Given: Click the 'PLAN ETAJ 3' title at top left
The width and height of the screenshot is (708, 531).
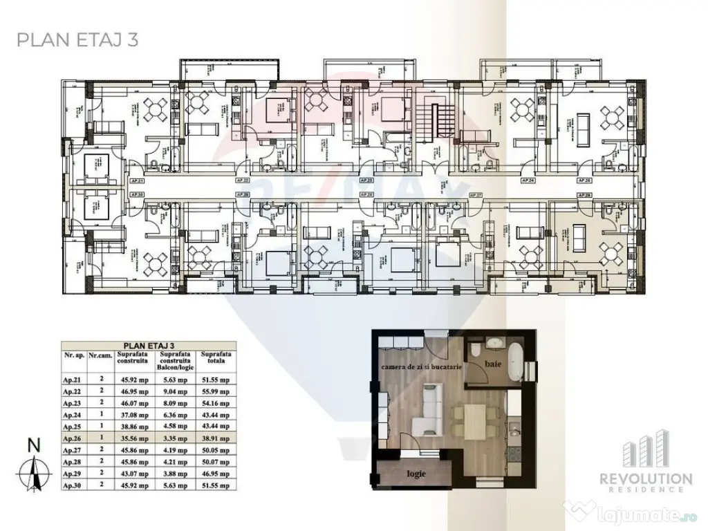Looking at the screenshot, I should [77, 39].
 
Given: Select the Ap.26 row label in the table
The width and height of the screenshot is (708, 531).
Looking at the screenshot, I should [74, 438].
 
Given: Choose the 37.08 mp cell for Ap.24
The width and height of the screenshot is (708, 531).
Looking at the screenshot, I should [142, 414].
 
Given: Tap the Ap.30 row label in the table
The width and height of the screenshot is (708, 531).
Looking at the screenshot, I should [74, 487].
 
